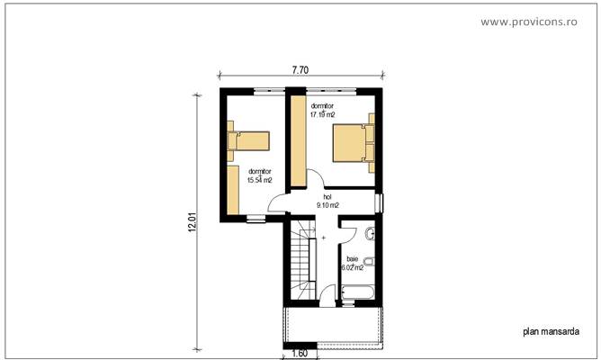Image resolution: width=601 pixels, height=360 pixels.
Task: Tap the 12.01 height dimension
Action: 192,221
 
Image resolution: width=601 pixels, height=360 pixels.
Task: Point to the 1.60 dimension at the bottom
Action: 300,353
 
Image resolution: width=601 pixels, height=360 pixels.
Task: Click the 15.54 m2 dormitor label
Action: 259,176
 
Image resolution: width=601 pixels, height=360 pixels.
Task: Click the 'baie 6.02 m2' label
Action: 352,263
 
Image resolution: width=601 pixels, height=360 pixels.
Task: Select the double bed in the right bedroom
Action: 352,143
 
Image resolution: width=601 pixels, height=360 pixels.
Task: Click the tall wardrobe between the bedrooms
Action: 297,149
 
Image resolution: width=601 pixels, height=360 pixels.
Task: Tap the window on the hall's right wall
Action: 379,203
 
